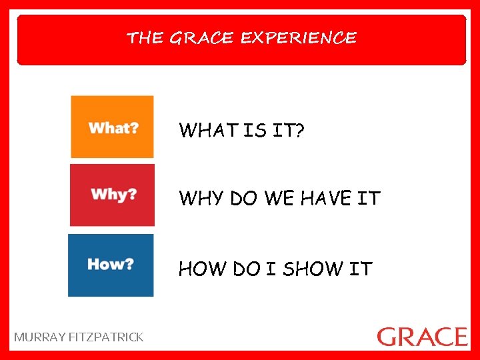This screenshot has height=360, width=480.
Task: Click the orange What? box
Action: pos(113,127)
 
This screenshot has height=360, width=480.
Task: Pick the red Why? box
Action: pos(113,195)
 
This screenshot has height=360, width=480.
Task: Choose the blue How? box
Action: pos(111,265)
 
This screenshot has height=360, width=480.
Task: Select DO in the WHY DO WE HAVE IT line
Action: pos(245,199)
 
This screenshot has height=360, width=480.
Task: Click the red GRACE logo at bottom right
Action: pos(422,336)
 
